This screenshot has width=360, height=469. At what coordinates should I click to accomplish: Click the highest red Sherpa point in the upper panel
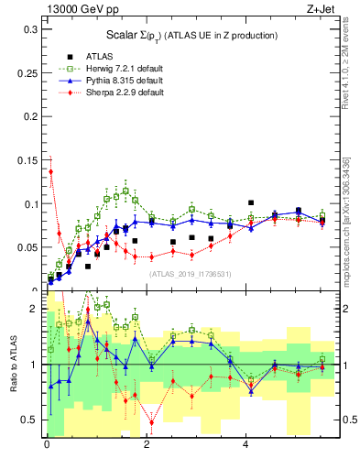point(51,171)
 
